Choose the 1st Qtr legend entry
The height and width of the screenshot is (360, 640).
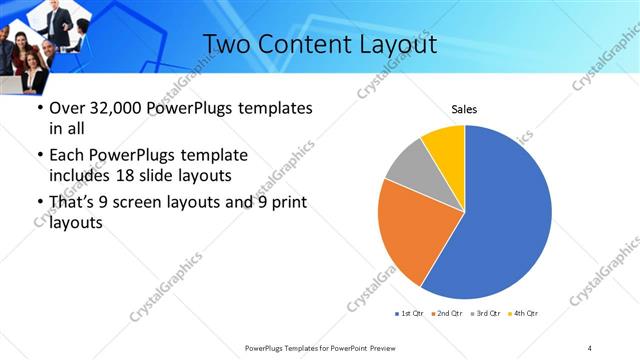coord(410,314)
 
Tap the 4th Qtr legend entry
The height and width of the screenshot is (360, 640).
coord(525,314)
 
